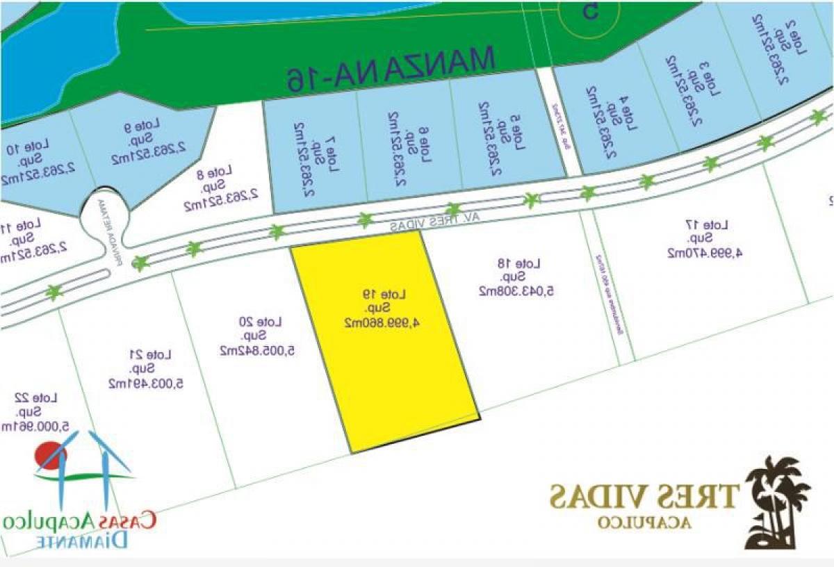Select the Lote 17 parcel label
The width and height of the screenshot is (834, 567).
716,225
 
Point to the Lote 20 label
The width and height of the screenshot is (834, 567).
270,322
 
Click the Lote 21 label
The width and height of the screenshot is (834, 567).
159,355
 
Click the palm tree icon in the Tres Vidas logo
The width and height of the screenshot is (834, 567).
778,500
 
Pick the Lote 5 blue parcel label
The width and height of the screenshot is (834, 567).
495,142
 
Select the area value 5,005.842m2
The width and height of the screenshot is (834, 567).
257,350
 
